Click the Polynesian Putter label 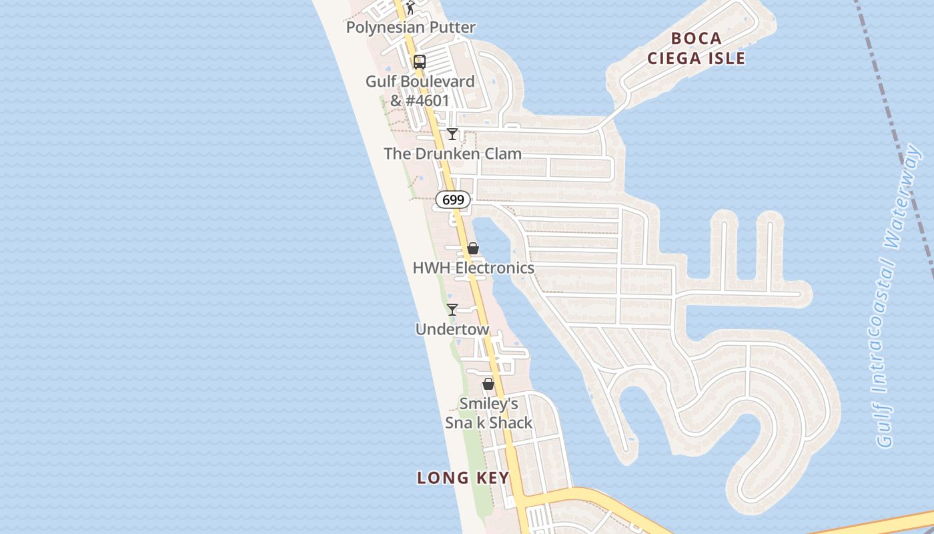410,28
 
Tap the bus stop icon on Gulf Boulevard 419,62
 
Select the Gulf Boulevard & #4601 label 420,91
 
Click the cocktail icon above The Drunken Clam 452,134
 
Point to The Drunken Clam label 452,154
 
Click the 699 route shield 454,200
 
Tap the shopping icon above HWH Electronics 473,248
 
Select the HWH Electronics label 473,268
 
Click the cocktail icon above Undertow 452,310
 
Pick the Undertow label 452,330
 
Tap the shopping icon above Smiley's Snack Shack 488,384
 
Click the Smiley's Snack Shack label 489,413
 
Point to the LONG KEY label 463,478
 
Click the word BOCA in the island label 696,38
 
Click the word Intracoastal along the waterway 889,320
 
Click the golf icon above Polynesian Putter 410,8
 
